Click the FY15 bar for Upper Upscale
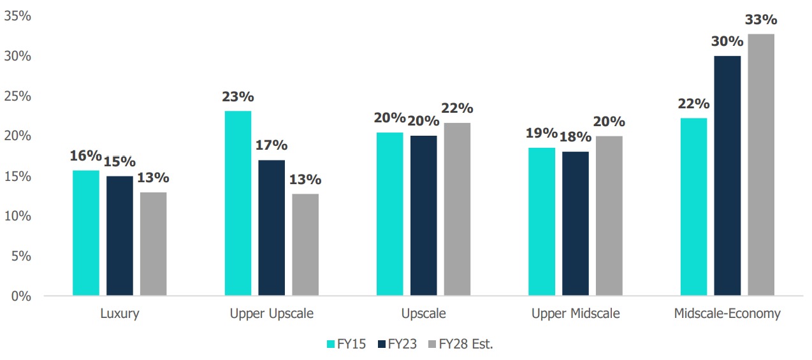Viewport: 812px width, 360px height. click(238, 203)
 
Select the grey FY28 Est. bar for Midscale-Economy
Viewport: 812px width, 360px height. click(761, 165)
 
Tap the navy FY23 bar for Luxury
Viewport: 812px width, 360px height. click(120, 236)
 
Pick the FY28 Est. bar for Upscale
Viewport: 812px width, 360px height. click(457, 210)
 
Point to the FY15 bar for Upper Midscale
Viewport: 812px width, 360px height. click(542, 222)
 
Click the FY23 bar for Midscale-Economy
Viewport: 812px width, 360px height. click(727, 176)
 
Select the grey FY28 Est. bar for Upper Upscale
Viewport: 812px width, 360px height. click(305, 245)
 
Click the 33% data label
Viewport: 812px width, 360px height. click(761, 20)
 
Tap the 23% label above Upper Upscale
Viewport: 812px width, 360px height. click(238, 97)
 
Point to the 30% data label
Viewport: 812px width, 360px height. click(728, 41)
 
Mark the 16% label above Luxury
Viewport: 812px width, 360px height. click(86, 156)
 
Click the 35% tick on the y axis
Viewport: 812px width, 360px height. click(18, 17)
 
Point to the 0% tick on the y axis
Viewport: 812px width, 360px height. click(21, 296)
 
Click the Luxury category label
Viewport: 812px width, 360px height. click(120, 313)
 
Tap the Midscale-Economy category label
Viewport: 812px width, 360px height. click(727, 313)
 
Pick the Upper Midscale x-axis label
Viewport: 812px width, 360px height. click(576, 313)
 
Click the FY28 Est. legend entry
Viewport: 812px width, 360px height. click(461, 344)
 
